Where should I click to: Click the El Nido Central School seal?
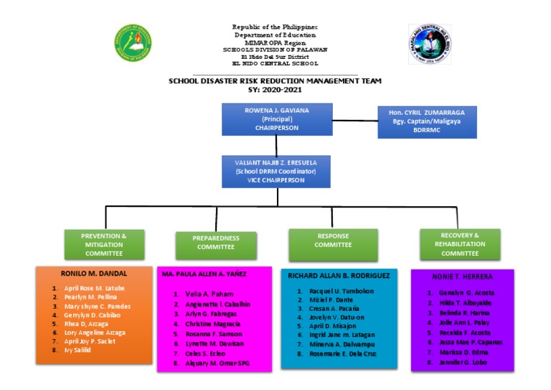429,44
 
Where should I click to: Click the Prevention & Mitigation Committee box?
104,244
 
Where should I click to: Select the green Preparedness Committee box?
216,242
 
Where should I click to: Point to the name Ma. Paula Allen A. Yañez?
204,274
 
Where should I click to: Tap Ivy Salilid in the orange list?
77,350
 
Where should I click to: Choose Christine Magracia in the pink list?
204,324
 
